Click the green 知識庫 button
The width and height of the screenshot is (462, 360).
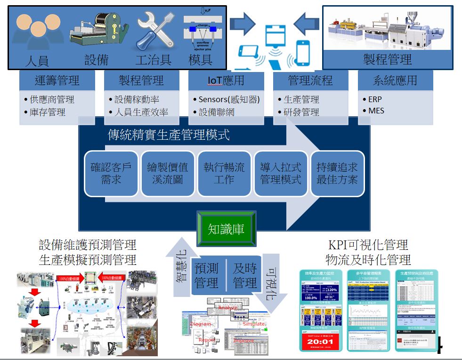coord(226,229)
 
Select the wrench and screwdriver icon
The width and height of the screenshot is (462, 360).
coord(153,32)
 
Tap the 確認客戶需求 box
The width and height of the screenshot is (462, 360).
coord(111,173)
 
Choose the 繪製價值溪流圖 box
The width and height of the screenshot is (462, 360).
coord(167,173)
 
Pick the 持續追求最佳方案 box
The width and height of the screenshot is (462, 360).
coord(337,173)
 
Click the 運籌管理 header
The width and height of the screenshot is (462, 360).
coord(57,80)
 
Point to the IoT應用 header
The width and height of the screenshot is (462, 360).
coord(226,80)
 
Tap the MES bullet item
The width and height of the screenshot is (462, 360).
coord(376,111)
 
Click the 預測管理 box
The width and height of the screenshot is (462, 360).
coord(206,275)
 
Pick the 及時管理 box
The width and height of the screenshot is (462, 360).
coord(245,275)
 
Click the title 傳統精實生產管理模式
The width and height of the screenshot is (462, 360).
coord(169,136)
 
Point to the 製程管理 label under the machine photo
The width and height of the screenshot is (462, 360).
coord(387,59)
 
